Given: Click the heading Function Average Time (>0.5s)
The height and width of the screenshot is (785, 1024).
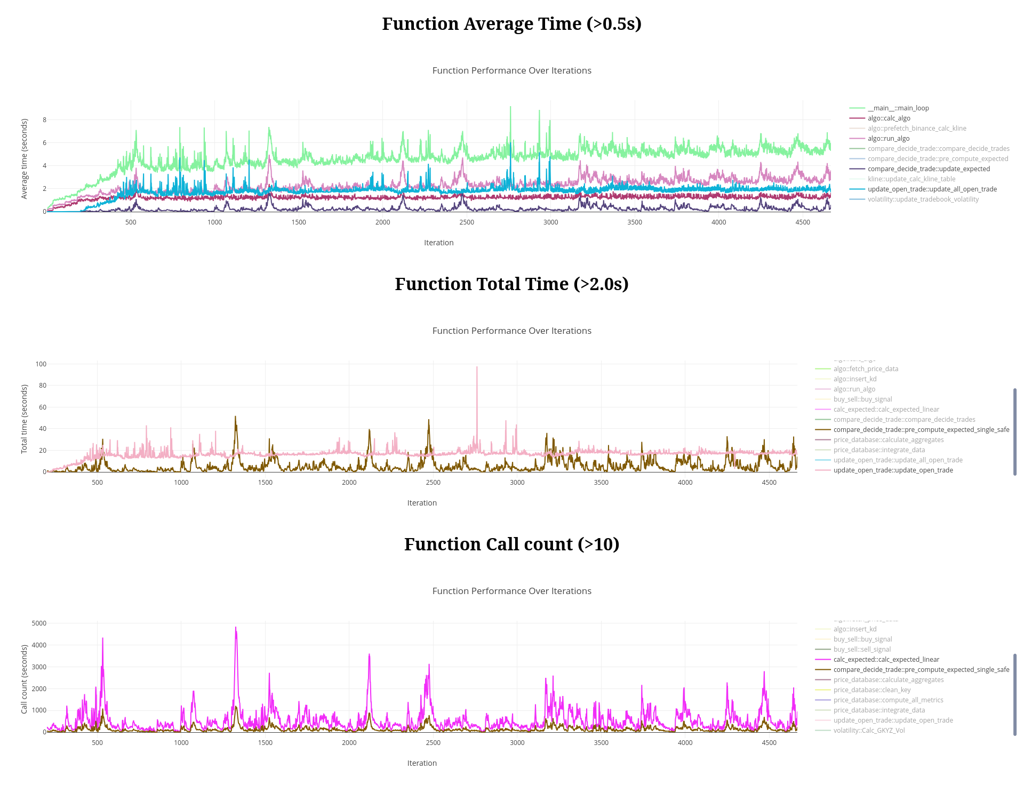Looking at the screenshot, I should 511,24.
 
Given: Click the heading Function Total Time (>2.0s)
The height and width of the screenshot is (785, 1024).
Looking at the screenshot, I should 511,284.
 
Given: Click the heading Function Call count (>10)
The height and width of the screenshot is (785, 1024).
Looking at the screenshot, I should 511,544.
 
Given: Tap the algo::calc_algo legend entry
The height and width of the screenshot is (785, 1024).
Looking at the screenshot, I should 889,118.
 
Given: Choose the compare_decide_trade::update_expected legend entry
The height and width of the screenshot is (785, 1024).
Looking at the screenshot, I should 928,169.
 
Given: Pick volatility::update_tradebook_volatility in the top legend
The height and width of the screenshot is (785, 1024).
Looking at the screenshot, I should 923,199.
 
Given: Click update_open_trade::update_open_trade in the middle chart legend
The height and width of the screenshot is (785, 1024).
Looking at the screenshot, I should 893,470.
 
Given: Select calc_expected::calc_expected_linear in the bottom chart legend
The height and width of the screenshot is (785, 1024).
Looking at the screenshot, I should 886,660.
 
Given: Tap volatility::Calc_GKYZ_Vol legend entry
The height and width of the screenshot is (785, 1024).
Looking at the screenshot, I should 869,731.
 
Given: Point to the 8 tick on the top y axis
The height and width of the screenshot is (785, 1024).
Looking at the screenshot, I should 44,120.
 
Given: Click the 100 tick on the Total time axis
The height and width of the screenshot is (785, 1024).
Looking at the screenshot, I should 41,364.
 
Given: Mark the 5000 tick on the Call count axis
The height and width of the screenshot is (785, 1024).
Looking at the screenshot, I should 39,623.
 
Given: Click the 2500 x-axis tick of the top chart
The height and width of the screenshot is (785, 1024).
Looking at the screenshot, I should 467,222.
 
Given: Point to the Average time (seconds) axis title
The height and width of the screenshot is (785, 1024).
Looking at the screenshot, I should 25,159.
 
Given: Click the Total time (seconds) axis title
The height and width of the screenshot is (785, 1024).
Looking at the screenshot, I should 25,419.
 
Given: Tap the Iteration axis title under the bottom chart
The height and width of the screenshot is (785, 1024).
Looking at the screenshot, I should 422,763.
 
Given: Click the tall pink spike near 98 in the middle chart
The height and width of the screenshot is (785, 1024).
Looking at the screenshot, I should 477,367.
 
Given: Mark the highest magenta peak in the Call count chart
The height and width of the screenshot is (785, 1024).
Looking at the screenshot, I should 235,628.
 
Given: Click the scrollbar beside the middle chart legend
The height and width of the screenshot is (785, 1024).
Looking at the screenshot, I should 1014,431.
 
